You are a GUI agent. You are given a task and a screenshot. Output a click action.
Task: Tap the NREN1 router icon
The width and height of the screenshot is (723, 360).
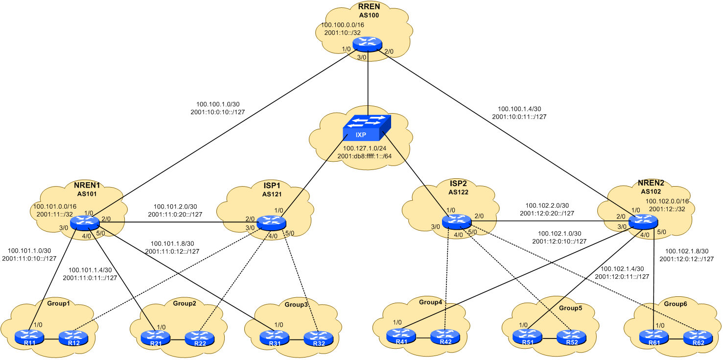pyautogui.click(x=85, y=223)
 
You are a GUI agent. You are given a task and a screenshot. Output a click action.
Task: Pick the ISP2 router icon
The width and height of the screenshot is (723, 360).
pyautogui.click(x=456, y=221)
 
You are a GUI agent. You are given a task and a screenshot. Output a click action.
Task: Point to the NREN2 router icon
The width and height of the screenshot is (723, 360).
pyautogui.click(x=642, y=221)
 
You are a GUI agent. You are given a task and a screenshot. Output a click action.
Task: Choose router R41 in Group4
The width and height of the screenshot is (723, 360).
pyautogui.click(x=401, y=336)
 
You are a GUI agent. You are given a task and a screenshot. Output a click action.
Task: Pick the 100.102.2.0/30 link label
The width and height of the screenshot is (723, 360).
pyautogui.click(x=547, y=206)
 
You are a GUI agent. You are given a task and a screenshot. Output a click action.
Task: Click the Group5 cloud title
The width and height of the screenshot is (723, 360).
pyautogui.click(x=571, y=308)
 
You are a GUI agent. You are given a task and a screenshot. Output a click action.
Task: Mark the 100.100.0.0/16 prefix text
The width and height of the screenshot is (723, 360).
pyautogui.click(x=343, y=24)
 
